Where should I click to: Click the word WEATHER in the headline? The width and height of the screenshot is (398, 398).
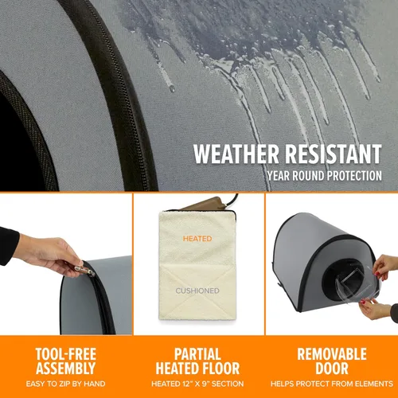(236, 154)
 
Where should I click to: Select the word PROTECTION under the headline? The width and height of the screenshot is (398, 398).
(354, 176)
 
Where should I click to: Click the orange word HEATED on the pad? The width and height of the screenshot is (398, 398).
(197, 239)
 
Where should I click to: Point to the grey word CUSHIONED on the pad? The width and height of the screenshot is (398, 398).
(197, 291)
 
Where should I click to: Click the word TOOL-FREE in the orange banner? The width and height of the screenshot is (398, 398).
(66, 354)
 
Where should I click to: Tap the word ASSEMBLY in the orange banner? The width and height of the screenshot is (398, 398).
(66, 369)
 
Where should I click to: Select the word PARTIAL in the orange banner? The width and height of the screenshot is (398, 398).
(197, 354)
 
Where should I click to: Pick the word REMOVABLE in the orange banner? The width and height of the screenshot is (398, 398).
(332, 354)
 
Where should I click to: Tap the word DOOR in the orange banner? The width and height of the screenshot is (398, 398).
(332, 369)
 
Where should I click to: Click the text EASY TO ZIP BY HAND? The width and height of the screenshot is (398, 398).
(66, 384)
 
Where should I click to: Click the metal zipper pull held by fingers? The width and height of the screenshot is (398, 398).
(84, 270)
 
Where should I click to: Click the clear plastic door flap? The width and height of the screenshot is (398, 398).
(358, 282)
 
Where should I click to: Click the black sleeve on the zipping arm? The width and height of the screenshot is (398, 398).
(9, 245)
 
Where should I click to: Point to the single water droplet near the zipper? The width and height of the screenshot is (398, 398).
(172, 89)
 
